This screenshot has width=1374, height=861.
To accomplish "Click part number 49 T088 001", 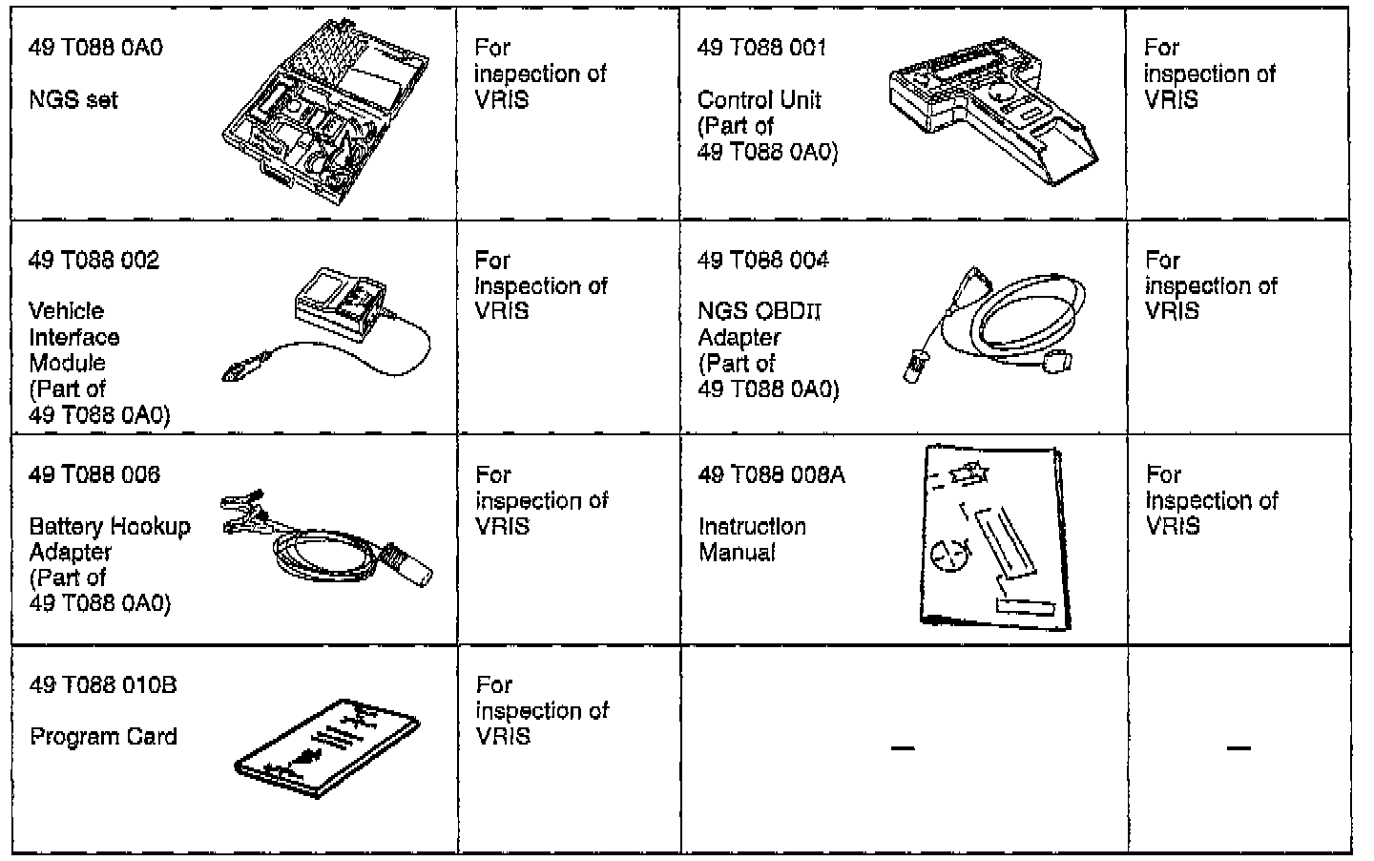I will pyautogui.click(x=761, y=48).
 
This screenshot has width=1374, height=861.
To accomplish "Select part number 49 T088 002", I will pyautogui.click(x=94, y=261).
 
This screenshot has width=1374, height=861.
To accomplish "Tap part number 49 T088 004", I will pyautogui.click(x=762, y=261).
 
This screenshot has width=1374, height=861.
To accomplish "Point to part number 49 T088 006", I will pyautogui.click(x=94, y=474).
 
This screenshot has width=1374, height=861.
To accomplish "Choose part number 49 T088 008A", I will pyautogui.click(x=771, y=474).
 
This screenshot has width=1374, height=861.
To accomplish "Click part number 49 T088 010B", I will pyautogui.click(x=102, y=685).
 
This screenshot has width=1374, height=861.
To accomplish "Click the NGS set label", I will pyautogui.click(x=73, y=99).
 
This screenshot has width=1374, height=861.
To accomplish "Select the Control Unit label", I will pyautogui.click(x=759, y=100).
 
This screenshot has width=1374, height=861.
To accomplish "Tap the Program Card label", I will pyautogui.click(x=103, y=737).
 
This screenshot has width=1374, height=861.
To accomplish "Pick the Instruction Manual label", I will pyautogui.click(x=752, y=539).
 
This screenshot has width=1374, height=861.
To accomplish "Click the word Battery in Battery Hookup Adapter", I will pyautogui.click(x=66, y=527).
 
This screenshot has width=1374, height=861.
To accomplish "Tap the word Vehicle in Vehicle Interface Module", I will pyautogui.click(x=66, y=311).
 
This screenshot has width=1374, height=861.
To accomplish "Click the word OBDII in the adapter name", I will pyautogui.click(x=788, y=311).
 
